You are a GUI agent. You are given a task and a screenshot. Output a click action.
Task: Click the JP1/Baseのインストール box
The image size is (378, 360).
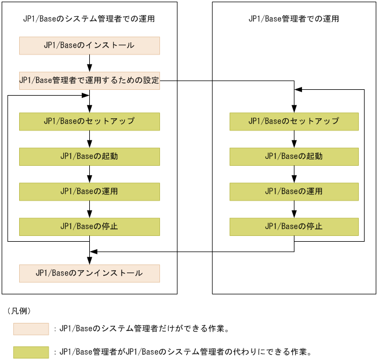89,45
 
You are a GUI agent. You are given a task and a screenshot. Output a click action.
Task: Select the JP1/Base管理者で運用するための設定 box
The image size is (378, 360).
89,81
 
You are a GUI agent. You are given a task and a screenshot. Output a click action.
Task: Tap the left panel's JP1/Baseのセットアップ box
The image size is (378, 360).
89,121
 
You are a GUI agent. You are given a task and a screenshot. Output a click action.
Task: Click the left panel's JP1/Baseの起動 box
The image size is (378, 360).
89,157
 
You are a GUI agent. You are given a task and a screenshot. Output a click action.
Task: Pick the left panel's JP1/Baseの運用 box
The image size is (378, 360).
89,191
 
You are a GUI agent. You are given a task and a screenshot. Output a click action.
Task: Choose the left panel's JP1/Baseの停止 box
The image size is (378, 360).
89,226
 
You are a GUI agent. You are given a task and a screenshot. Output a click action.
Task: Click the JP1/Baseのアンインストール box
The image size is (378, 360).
89,273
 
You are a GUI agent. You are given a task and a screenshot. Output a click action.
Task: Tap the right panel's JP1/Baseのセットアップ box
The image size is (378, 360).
294,121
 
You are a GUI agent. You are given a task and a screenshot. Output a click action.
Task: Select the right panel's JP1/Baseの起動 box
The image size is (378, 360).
294,157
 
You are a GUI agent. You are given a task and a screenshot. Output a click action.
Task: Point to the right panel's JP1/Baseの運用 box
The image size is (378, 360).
294,191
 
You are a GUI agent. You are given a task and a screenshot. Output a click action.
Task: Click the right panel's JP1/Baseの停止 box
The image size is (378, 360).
294,226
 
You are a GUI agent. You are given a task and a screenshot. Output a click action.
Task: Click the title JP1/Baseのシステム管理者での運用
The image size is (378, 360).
89,19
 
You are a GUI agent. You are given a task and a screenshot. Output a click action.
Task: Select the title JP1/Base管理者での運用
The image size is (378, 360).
294,19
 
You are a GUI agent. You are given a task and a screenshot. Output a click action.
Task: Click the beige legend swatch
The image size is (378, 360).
31,329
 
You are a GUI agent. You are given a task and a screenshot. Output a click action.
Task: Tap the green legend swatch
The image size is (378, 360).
31,351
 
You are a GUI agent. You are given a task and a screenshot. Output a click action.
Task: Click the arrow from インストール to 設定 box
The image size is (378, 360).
89,63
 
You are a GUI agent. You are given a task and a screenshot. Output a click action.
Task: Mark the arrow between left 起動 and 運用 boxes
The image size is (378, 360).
89,174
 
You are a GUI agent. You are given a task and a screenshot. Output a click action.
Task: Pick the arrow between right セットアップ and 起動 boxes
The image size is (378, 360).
294,139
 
